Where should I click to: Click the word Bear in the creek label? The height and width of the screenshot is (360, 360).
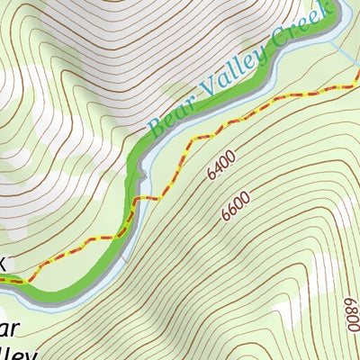pyautogui.click(x=170, y=120)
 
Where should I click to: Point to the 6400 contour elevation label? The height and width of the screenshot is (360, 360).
pyautogui.click(x=220, y=166)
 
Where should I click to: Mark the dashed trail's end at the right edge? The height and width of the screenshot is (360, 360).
pyautogui.click(x=357, y=85)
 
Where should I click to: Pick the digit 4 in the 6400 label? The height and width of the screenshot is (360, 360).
pyautogui.click(x=218, y=168)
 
